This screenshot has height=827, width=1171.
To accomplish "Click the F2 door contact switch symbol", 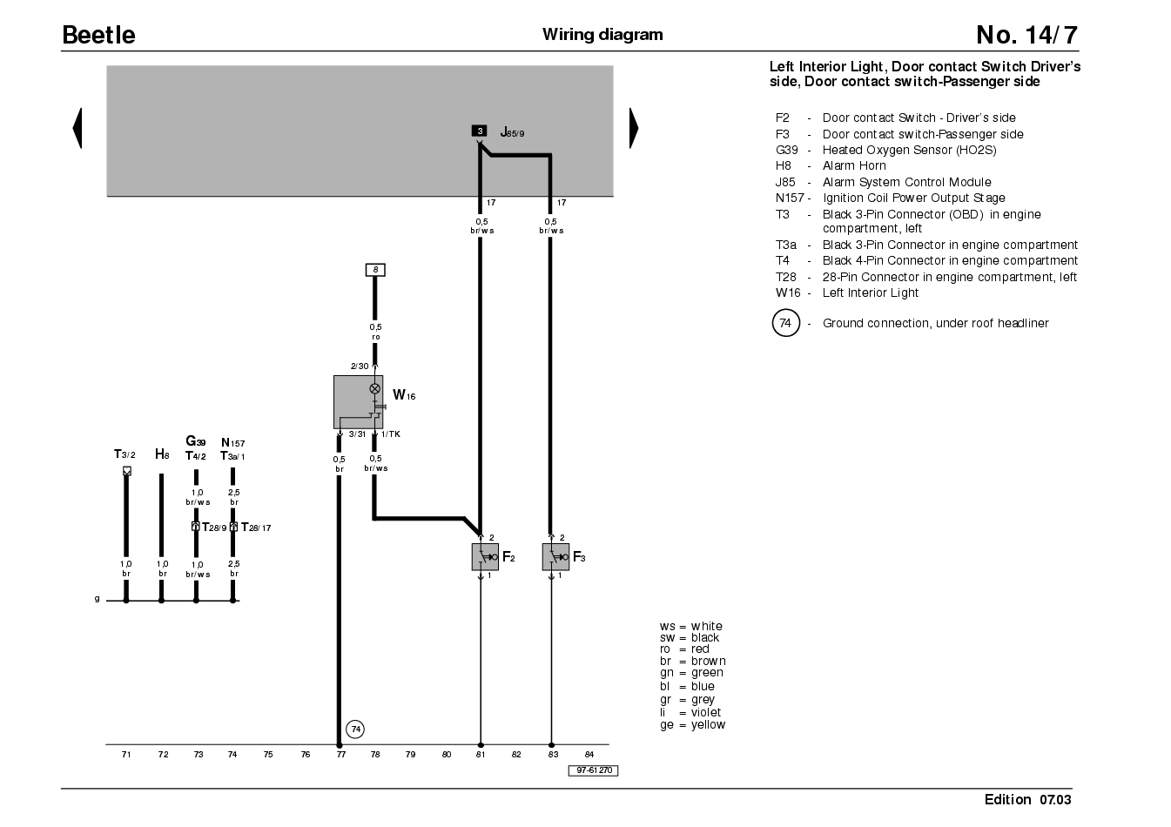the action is (485, 557).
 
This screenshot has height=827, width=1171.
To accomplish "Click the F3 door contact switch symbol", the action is (555, 557).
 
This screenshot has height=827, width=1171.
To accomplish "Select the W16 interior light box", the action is (358, 402).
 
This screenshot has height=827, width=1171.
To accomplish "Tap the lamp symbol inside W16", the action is (375, 389).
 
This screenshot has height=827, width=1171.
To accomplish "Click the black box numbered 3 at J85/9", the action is (480, 131).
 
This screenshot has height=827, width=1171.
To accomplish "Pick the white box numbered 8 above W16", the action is (375, 270).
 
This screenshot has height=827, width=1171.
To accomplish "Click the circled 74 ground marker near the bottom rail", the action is (355, 730).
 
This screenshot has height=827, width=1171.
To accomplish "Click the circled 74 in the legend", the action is (785, 323).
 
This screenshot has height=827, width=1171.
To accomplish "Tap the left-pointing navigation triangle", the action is (77, 128).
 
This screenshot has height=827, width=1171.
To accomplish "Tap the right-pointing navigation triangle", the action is (634, 128).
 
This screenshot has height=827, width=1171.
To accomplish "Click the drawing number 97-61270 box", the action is (594, 770).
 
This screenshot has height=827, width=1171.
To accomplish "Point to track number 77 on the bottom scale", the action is (340, 755).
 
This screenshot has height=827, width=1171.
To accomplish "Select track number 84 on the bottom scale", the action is (589, 755).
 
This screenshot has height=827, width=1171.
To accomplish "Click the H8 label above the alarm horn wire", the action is (162, 454).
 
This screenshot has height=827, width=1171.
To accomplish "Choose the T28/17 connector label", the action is (256, 528).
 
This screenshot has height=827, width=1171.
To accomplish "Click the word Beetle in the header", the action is (98, 35).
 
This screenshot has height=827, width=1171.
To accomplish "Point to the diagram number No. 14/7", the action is (1026, 35).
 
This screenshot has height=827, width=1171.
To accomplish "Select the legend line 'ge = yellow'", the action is (693, 725).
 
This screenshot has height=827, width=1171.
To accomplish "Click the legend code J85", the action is (785, 182).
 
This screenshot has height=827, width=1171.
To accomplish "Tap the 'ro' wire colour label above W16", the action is (376, 337).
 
